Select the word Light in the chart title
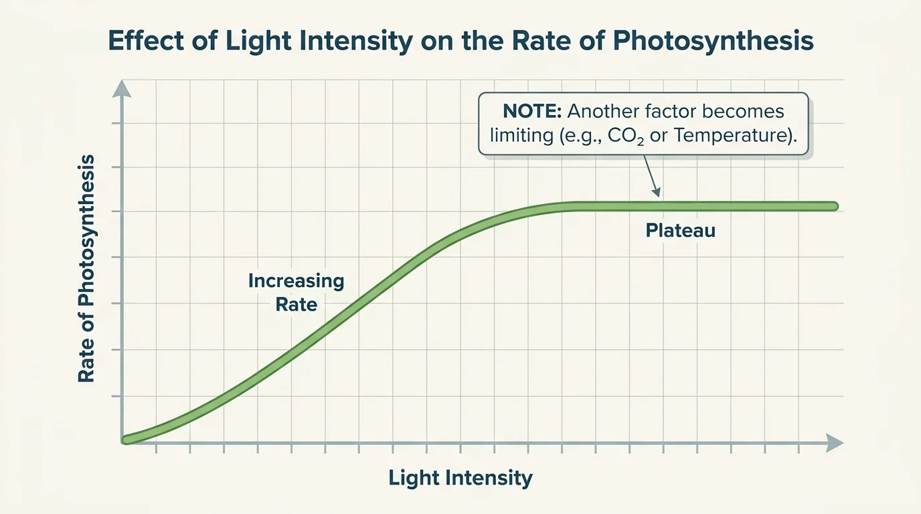point(249,41)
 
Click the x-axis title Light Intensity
point(460,478)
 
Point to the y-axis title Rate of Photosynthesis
point(86,268)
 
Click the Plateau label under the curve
point(681,231)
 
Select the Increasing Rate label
point(296,292)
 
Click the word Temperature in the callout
point(736,135)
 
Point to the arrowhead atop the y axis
point(121,88)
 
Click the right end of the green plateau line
point(834,206)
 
